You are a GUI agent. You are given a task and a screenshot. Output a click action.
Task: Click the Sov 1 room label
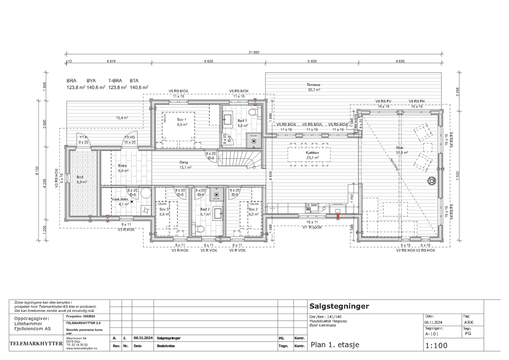[182, 122]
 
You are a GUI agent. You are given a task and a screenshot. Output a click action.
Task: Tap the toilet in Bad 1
[253, 112]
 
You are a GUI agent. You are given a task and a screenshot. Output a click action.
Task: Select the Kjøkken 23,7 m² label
[312, 155]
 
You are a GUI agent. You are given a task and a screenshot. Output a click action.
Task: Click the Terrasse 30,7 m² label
[313, 87]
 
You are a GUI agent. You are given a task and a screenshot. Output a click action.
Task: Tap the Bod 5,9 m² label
[81, 179]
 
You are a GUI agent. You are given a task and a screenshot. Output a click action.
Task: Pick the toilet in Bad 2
[200, 228]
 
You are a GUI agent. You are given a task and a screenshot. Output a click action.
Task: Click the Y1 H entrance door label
[83, 140]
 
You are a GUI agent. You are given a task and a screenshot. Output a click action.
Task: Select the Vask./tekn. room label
[120, 202]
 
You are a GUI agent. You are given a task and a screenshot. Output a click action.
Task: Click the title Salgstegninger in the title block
[339, 306]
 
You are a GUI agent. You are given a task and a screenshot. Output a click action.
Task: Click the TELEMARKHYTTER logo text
[36, 344]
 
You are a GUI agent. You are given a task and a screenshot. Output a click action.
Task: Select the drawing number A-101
[432, 334]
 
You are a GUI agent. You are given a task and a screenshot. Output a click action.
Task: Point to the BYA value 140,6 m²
[96, 87]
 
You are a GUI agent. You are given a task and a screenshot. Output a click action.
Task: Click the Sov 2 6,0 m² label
[253, 212]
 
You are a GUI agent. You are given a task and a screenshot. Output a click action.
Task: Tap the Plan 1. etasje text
[335, 345]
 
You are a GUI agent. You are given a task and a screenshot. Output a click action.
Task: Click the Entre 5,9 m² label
[123, 168]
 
